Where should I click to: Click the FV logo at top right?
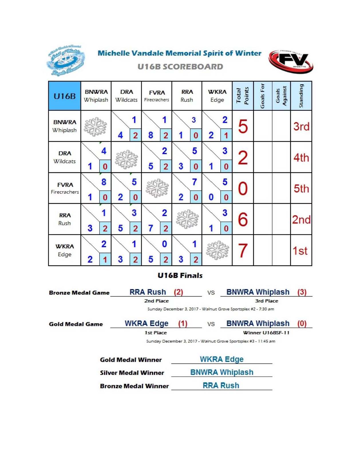coord(291,61)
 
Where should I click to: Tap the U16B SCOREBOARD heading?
coord(180,67)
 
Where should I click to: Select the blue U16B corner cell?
coord(65,96)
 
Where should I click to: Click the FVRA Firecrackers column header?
coord(157,96)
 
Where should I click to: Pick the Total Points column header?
coord(243,96)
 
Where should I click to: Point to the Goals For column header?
coord(263,96)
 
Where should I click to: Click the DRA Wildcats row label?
coord(65,157)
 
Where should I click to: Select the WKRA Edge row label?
coord(65,250)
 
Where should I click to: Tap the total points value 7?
coord(243,250)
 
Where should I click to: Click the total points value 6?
coord(243,220)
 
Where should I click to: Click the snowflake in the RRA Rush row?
coord(187,220)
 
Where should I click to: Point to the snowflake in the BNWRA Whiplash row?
coord(95,127)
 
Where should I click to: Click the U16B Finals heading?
coord(180,276)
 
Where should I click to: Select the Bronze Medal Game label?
coord(79,293)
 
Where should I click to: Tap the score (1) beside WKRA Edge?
coord(183,323)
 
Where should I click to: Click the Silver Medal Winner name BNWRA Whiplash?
coord(222,372)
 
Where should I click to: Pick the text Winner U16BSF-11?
coord(266,333)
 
